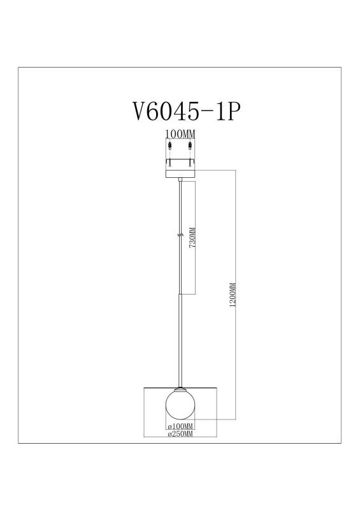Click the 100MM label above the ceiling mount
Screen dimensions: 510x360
179,135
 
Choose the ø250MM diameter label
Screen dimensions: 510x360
180,434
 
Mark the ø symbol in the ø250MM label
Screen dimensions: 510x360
168,434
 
